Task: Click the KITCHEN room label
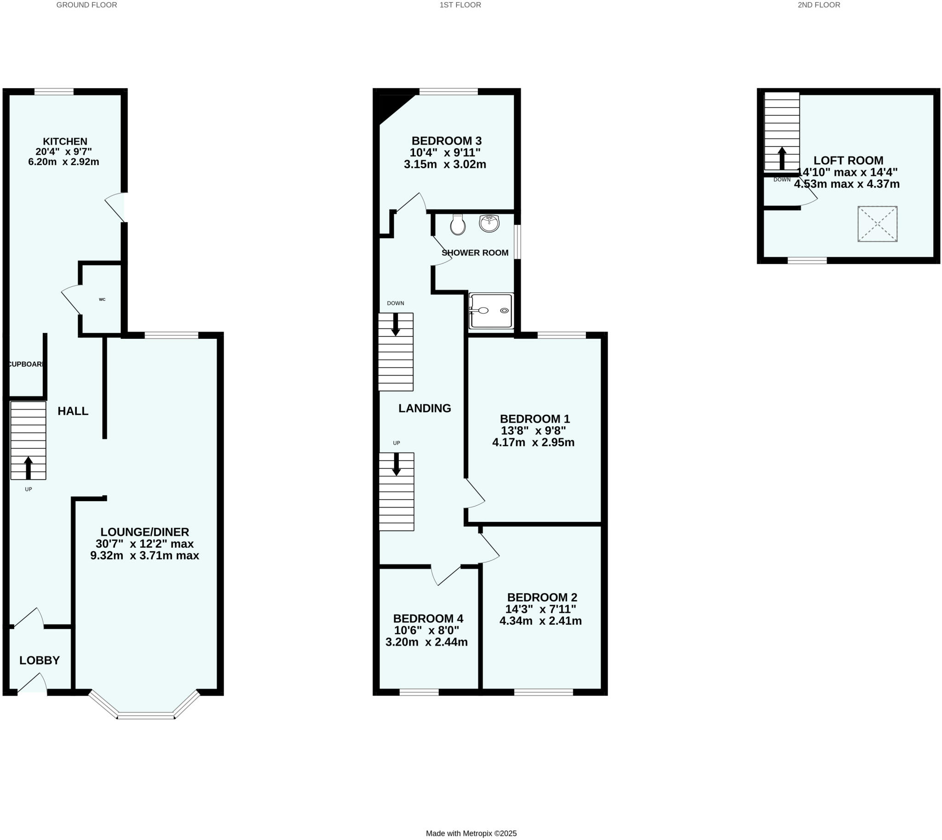[65, 141]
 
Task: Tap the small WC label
[102, 299]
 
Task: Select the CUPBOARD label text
[27, 364]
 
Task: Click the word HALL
[73, 411]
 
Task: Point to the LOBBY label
[40, 661]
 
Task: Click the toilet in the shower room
[458, 225]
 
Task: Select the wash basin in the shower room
[489, 223]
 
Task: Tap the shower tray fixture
[491, 311]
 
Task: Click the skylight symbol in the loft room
[877, 224]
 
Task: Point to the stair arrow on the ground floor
[28, 468]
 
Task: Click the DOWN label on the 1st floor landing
[395, 303]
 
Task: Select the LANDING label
[425, 408]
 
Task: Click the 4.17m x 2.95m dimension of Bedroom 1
[534, 443]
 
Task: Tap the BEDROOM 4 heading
[428, 618]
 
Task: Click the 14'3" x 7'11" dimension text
[540, 609]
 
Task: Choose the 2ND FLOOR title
[819, 5]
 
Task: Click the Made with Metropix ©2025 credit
[471, 834]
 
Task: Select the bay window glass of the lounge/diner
[146, 717]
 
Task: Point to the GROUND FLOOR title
[86, 5]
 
